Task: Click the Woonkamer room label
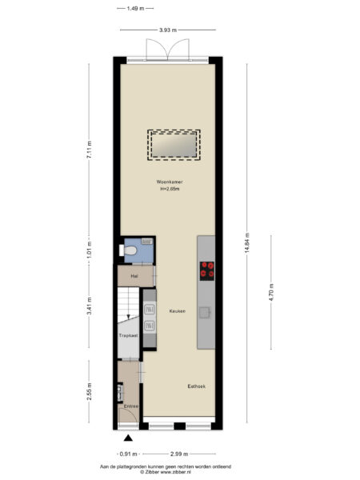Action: (169, 182)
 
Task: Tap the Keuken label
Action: (177, 310)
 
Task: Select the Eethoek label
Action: (196, 386)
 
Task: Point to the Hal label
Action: (123, 276)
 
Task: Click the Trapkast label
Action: (126, 336)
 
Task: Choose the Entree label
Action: (130, 406)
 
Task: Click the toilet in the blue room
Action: (131, 250)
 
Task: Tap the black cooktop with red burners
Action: (207, 270)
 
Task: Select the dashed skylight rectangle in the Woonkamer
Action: (174, 145)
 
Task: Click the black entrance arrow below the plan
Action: (128, 438)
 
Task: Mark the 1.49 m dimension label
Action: (135, 9)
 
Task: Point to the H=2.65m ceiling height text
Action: (169, 190)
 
